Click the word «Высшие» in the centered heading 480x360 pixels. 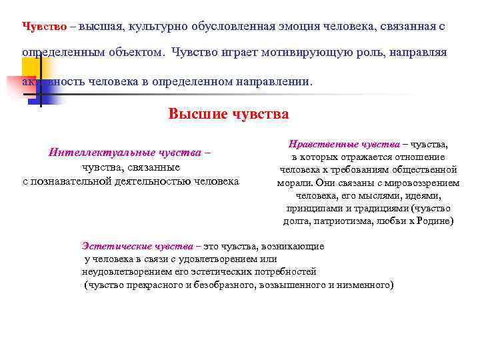point(195,113)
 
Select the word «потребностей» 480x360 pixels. point(287,271)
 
